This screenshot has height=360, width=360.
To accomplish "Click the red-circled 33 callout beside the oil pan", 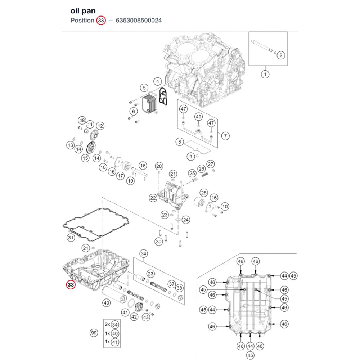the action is click(x=71, y=285).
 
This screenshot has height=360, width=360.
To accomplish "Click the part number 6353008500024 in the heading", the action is click(x=139, y=21).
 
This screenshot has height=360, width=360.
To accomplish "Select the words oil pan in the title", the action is click(x=83, y=10).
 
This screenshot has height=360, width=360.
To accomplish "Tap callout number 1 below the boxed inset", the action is click(x=265, y=75).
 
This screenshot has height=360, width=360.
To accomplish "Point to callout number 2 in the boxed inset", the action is click(x=281, y=55).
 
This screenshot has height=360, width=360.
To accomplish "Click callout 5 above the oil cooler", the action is click(x=144, y=88).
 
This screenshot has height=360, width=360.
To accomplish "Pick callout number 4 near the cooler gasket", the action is click(x=158, y=81).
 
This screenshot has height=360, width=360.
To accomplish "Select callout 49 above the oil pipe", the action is click(x=199, y=117).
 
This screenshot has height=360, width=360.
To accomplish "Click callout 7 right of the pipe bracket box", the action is click(x=225, y=136).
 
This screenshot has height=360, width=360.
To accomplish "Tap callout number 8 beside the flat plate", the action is click(x=180, y=142).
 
